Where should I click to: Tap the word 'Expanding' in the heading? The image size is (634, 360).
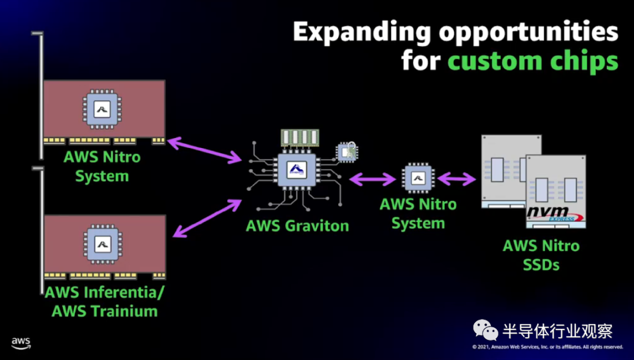(x=362, y=32)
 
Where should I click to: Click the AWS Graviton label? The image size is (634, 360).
(x=297, y=226)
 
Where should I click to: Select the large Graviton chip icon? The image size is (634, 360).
(x=297, y=170)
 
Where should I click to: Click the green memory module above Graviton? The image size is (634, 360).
(x=300, y=138)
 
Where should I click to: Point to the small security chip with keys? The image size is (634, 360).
(x=347, y=152)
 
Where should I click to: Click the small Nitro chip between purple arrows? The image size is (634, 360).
(x=418, y=178)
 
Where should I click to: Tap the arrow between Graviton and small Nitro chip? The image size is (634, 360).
(x=372, y=179)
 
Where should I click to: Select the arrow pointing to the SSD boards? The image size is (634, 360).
(x=457, y=179)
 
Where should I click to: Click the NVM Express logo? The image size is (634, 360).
(x=555, y=214)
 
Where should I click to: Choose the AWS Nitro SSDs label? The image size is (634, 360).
(x=541, y=255)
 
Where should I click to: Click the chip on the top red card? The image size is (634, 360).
(x=102, y=109)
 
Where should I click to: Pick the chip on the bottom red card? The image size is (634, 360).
(x=103, y=244)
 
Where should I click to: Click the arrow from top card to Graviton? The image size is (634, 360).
(x=205, y=150)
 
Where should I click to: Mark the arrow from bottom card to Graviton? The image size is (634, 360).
(x=207, y=218)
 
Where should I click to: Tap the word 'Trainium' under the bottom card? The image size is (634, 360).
(x=124, y=311)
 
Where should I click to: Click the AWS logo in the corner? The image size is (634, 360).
(x=21, y=343)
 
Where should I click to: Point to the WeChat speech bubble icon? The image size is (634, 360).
(x=485, y=330)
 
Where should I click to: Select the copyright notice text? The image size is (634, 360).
(x=548, y=346)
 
